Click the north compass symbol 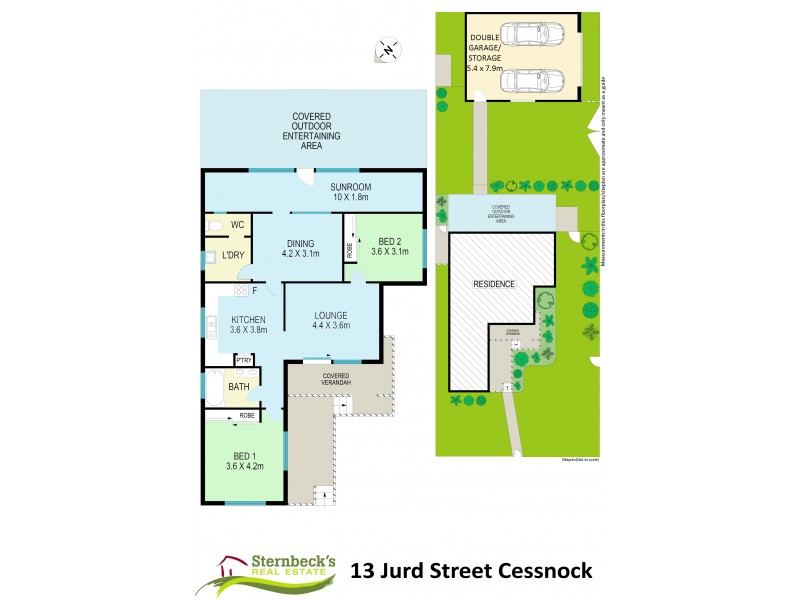pos(388,48)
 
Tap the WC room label pos(237,225)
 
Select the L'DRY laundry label pos(233,256)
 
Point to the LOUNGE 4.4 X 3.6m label pos(330,321)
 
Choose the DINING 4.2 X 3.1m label pos(300,248)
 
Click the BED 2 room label pos(389,246)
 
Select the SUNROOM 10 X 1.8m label pos(350,191)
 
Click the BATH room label pos(238,386)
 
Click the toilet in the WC pos(213,226)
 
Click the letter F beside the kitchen pos(255,291)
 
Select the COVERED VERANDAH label pos(337,378)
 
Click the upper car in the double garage pos(522,34)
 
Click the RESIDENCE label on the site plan pos(495,284)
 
